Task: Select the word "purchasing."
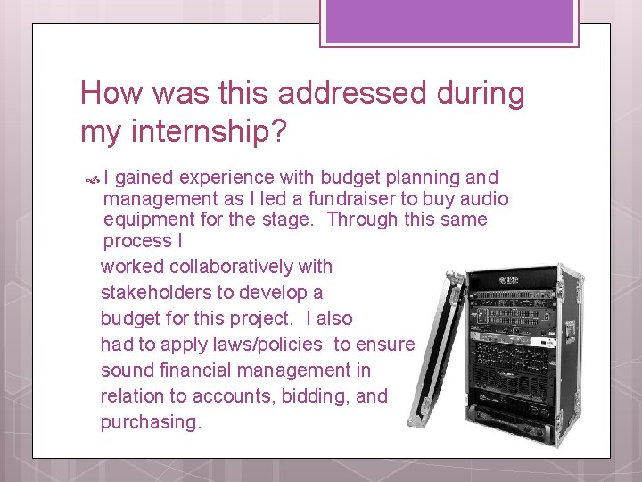coord(151,421)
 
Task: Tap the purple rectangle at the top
coord(451,21)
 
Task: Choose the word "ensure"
coord(385,345)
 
